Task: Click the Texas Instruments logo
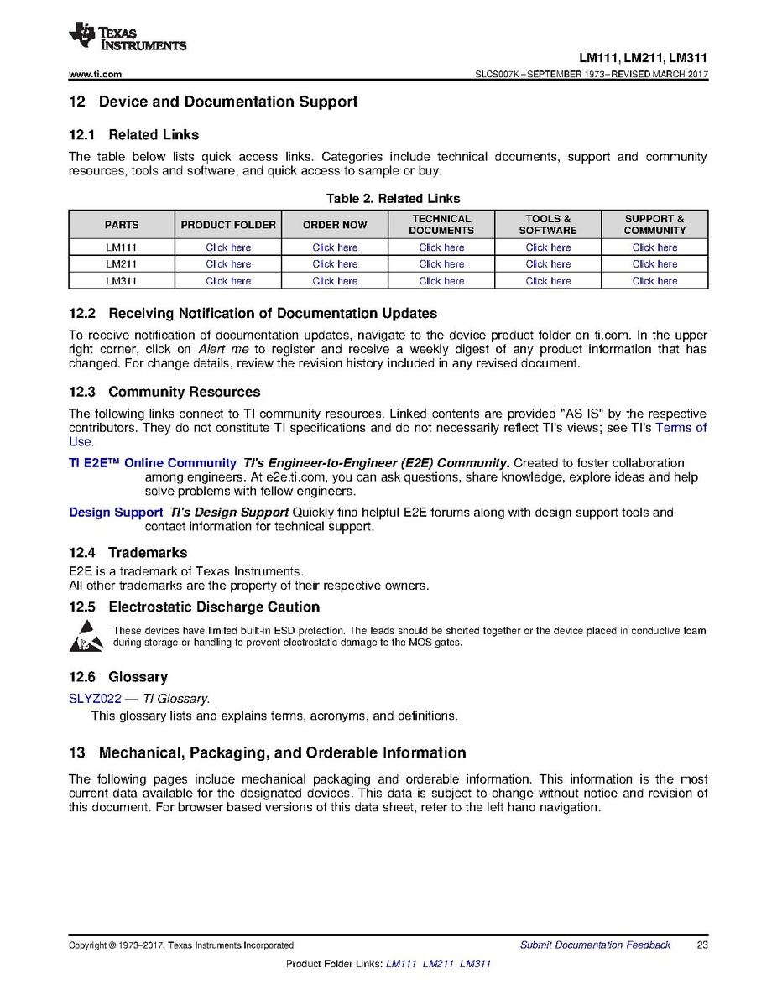tap(127, 37)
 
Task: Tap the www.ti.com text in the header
tap(95, 75)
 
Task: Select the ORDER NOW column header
tap(335, 225)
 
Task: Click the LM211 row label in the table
tap(122, 264)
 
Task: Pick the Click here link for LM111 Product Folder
tap(228, 247)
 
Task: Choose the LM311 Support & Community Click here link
tap(654, 281)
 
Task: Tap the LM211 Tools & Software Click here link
tap(548, 264)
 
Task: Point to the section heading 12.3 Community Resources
tap(164, 392)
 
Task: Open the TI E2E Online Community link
tap(153, 463)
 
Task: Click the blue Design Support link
tap(116, 513)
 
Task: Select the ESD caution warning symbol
tap(86, 637)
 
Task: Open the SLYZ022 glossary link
tap(95, 698)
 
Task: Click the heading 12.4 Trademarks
tap(128, 553)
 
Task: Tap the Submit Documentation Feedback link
tap(595, 945)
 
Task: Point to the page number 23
tap(702, 945)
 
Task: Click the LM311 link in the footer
tap(476, 964)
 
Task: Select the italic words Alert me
tap(223, 349)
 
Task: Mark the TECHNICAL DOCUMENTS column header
tap(441, 225)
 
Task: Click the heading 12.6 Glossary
tap(118, 677)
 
